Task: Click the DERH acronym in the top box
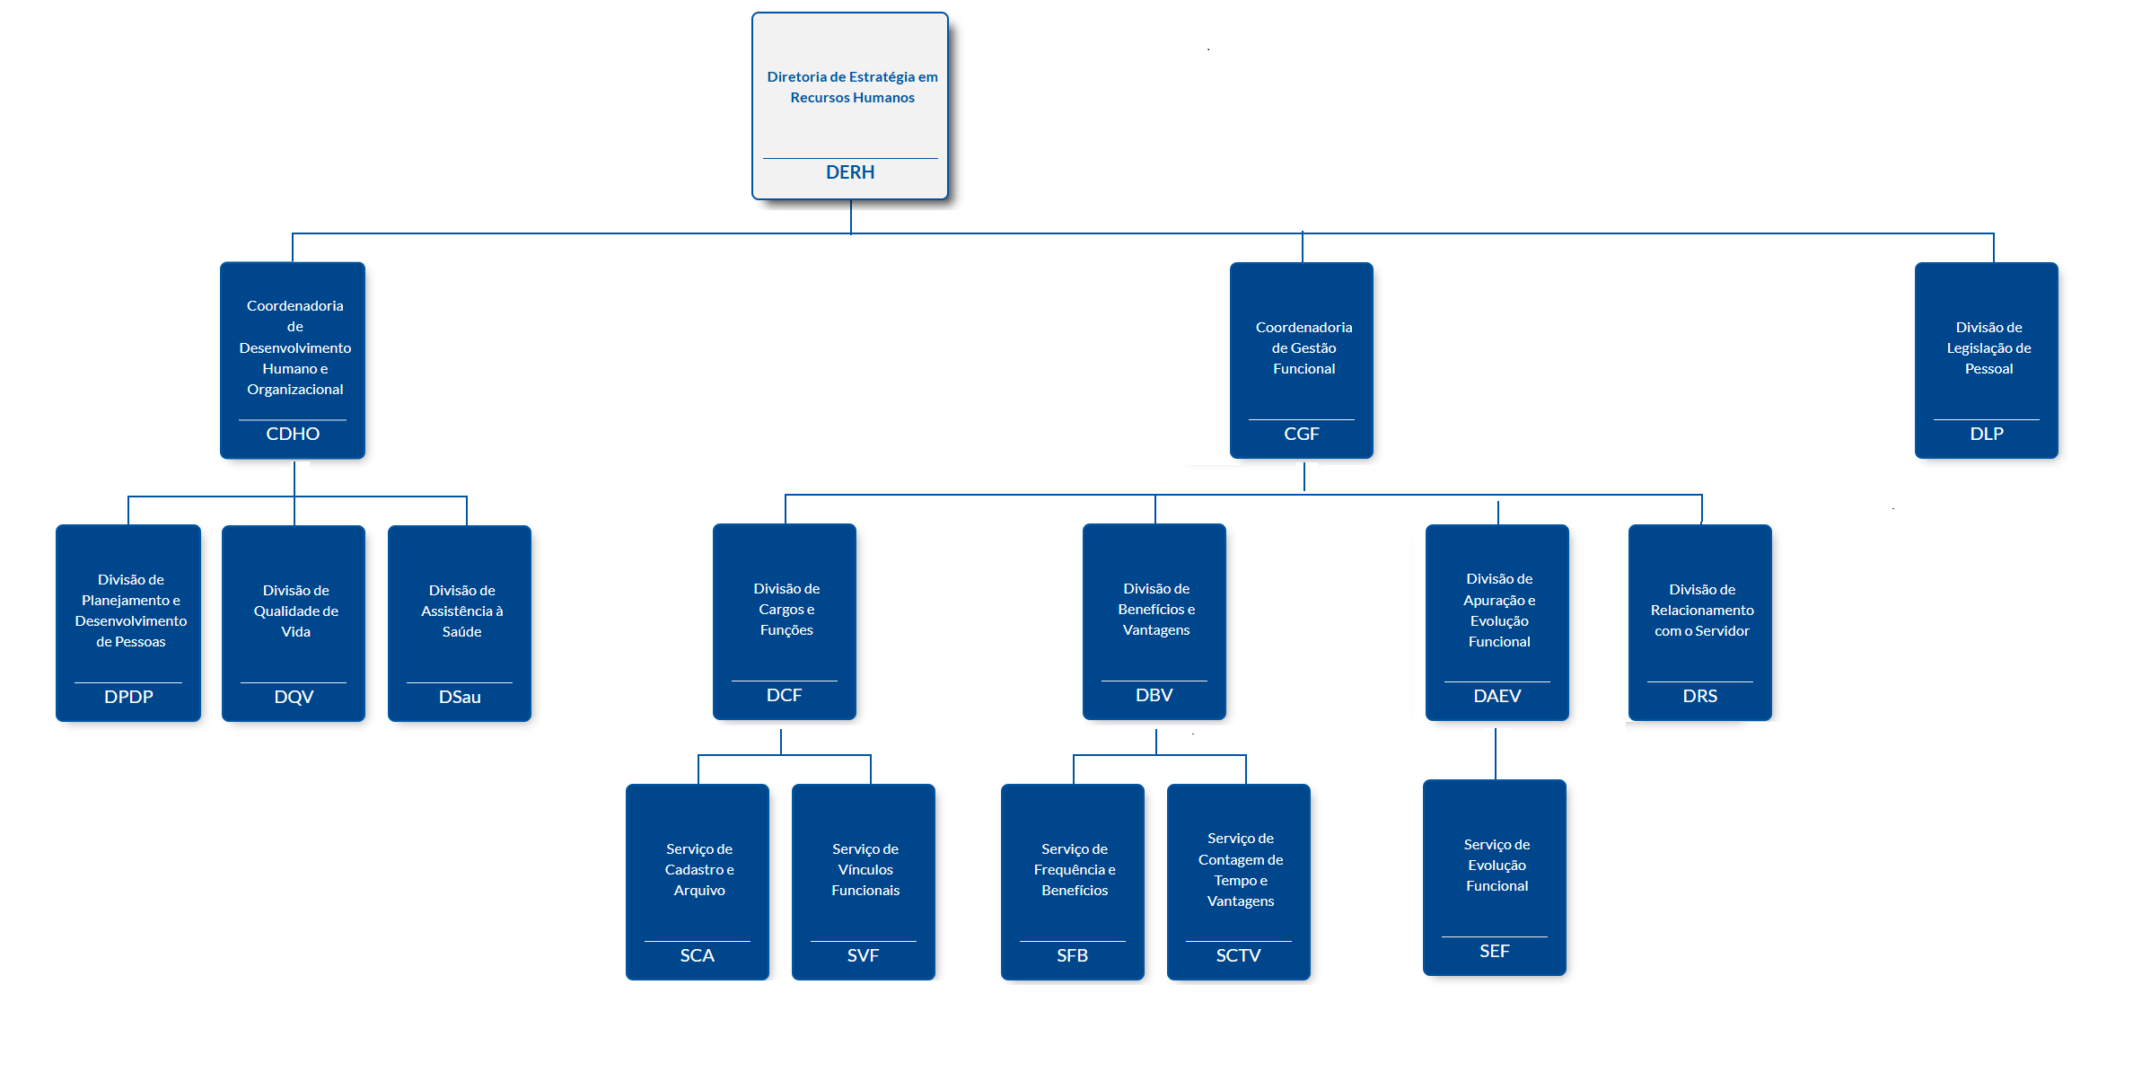850,172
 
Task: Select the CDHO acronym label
293,434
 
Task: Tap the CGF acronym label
1302,434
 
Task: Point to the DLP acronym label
1987,434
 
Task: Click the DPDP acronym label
128,697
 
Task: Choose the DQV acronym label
294,697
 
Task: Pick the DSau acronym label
460,697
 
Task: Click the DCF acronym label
784,695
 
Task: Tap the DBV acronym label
1154,695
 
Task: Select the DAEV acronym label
1497,696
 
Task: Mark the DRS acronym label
1699,696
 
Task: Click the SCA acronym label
697,955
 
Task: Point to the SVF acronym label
863,955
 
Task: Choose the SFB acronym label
1072,955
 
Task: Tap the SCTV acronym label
1238,955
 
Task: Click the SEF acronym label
1494,951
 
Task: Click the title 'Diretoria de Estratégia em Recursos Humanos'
852,87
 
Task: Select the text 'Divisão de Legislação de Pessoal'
1988,348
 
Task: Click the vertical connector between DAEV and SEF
1496,754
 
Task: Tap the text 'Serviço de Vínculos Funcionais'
865,869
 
